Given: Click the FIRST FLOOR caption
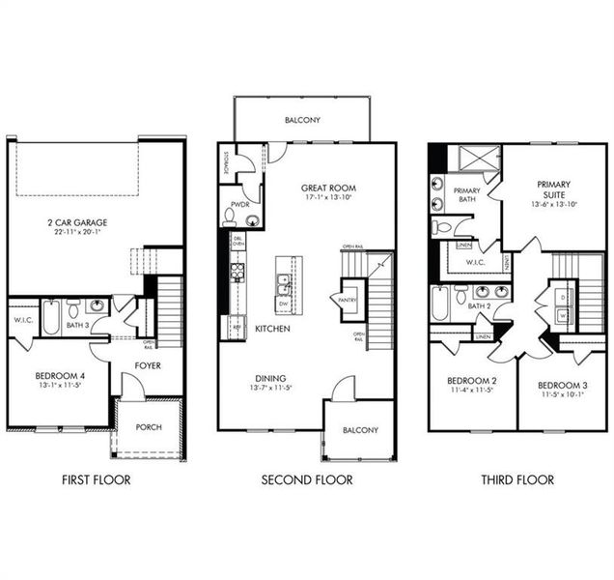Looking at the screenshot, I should (96, 479).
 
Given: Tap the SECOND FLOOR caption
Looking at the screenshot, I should (307, 479).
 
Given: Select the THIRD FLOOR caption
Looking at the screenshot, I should (517, 479).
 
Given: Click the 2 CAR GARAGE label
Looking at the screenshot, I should (77, 223).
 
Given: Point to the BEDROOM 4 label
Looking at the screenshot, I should (59, 374).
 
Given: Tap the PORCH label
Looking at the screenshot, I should (149, 427).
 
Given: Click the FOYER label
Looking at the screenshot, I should (148, 365).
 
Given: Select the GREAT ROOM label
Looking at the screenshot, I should (328, 188).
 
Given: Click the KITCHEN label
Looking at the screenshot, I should (273, 330).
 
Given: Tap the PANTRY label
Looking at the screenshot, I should (349, 301).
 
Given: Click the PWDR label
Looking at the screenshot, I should (238, 205).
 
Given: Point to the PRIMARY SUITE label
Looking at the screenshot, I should (553, 189).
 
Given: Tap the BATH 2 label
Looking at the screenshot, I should (479, 305).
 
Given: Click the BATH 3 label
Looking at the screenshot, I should (77, 326).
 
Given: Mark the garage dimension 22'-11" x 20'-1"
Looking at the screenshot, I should (77, 233).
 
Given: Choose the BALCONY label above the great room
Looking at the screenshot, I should (302, 121).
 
